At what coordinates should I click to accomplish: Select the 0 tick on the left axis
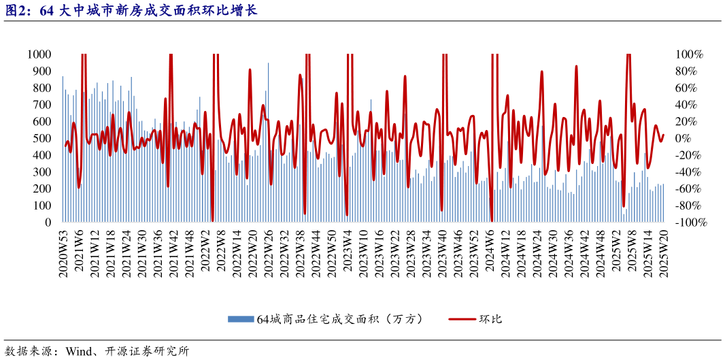point(48,223)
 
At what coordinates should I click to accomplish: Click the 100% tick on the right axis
point(689,54)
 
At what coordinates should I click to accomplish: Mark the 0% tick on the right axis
point(684,138)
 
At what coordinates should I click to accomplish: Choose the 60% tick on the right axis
point(686,88)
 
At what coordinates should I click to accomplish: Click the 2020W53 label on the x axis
point(63,253)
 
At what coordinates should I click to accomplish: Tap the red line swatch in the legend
point(460,318)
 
